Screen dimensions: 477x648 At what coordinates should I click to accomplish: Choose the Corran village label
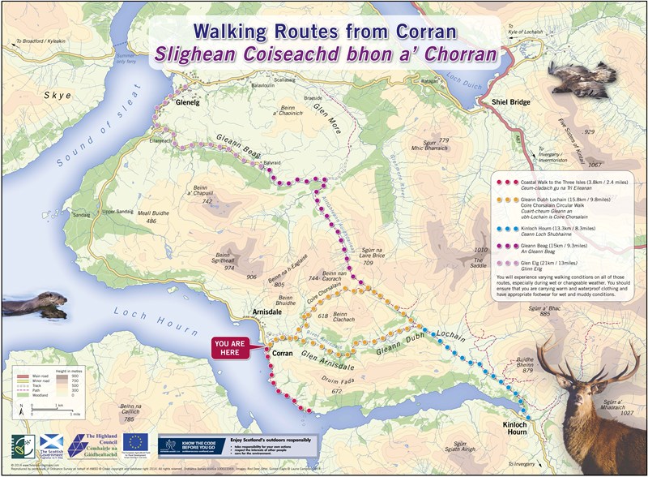pyautogui.click(x=280, y=355)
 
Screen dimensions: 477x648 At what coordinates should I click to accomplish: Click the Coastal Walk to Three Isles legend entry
pyautogui.click(x=559, y=186)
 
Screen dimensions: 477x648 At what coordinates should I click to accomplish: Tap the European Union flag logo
pyautogui.click(x=134, y=443)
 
